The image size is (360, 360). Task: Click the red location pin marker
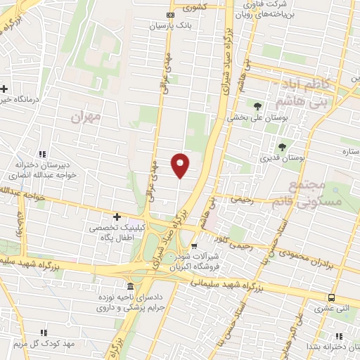(x=181, y=165)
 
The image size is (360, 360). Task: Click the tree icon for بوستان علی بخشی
(x=257, y=107)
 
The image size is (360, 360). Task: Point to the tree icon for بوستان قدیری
(x=282, y=147)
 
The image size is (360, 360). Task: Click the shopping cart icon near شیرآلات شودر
(x=194, y=246)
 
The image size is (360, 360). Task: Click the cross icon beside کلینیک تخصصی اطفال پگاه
(x=117, y=217)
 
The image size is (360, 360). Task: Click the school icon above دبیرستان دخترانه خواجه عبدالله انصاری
(x=42, y=154)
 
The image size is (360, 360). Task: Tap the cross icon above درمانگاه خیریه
(x=5, y=89)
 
